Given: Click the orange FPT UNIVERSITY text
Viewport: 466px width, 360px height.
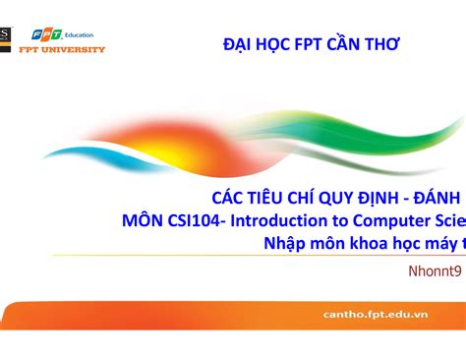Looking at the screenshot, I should click(62, 48).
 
